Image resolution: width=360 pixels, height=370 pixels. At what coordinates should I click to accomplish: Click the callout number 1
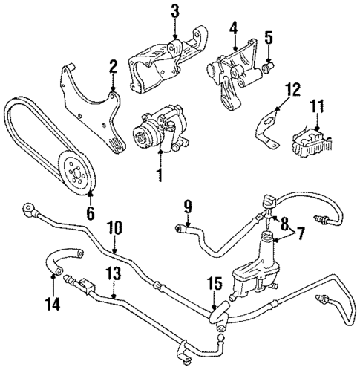pyautogui.click(x=158, y=177)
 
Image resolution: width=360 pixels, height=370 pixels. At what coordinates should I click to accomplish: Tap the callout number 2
pyautogui.click(x=113, y=68)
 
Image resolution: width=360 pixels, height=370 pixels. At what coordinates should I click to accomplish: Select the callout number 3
pyautogui.click(x=174, y=11)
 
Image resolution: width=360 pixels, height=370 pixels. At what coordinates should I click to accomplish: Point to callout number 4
pyautogui.click(x=233, y=30)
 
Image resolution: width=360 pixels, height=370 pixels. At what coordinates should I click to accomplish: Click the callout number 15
pyautogui.click(x=214, y=285)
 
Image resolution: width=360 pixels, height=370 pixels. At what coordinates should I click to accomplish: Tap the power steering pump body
pyautogui.click(x=158, y=129)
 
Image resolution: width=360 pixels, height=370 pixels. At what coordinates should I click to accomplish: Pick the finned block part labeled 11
pyautogui.click(x=312, y=140)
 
